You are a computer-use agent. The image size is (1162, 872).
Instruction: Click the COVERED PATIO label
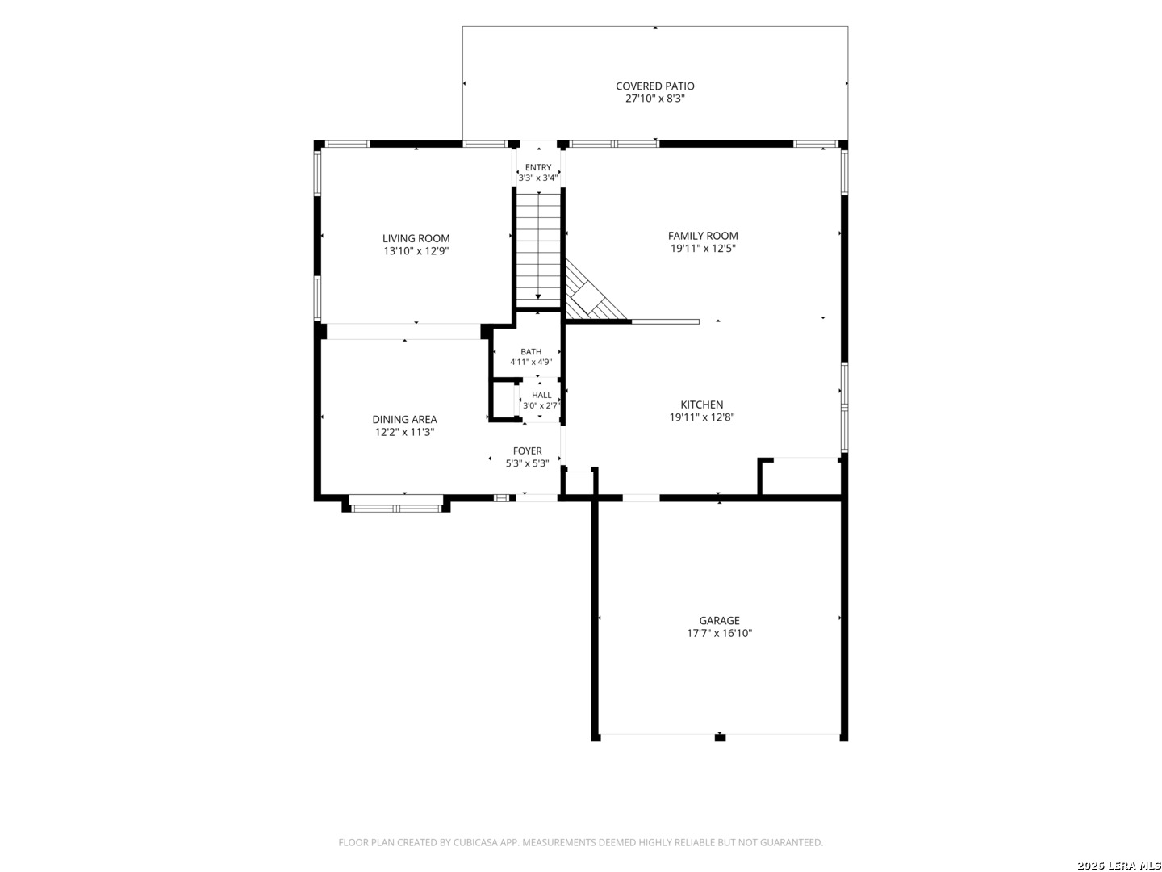[655, 86]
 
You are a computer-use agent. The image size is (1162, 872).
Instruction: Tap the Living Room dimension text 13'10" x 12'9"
[416, 251]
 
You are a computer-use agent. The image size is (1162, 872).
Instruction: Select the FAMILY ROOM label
[703, 236]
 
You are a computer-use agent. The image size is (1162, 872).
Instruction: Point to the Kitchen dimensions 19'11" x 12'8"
[702, 417]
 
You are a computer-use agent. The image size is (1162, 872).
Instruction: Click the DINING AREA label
[404, 419]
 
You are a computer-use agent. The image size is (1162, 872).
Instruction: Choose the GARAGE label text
[720, 621]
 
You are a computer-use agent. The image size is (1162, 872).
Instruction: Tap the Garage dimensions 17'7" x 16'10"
[720, 633]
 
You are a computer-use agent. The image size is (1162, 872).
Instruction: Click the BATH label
[531, 351]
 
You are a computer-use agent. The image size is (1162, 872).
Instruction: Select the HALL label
[541, 395]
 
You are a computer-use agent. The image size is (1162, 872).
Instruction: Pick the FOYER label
[527, 451]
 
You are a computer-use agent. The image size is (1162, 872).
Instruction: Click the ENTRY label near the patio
[538, 167]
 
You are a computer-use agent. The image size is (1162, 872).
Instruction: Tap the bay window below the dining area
[396, 505]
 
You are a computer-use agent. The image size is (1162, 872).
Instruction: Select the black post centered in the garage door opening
[720, 737]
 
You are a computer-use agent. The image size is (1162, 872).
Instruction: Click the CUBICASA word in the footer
[476, 842]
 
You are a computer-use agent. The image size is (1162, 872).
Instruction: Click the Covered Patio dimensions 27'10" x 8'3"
[655, 99]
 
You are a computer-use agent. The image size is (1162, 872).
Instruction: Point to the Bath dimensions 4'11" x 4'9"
[531, 363]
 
